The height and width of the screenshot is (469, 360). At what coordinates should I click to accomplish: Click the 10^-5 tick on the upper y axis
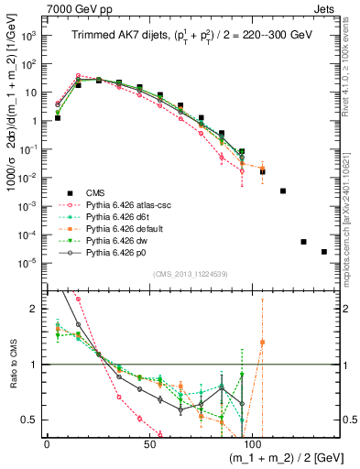(x=30, y=264)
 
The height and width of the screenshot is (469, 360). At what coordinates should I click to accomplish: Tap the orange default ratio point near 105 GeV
(x=263, y=343)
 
